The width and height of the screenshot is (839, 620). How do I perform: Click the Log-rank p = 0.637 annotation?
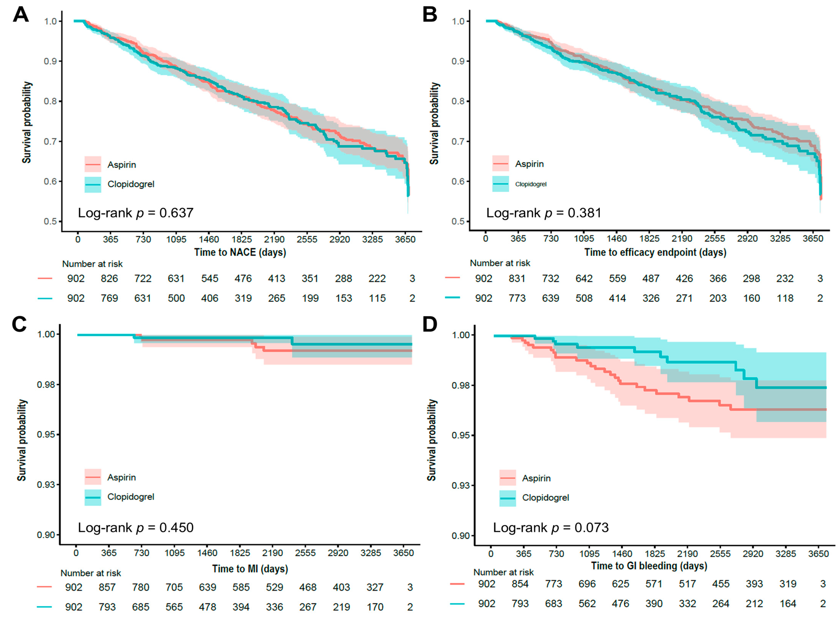click(135, 213)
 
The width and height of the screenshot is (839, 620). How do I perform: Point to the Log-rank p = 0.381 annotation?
click(544, 213)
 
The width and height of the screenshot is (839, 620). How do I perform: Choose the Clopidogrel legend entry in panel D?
click(545, 498)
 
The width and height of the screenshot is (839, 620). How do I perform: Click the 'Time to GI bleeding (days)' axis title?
click(649, 566)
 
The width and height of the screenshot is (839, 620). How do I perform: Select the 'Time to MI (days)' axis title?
click(250, 569)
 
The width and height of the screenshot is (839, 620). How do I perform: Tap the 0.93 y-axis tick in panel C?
click(46, 485)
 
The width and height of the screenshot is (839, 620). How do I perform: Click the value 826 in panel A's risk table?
click(109, 278)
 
